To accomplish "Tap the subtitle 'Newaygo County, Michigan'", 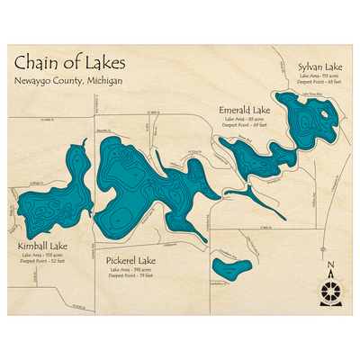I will tap(68, 83).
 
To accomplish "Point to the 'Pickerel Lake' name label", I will tap(130, 261).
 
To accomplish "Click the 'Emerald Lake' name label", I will tap(245, 110).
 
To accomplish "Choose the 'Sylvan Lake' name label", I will tap(319, 67).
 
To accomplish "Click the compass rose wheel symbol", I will tap(331, 290).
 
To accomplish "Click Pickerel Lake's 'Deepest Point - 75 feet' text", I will tap(130, 276).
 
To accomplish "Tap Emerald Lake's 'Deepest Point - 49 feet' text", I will tap(245, 125).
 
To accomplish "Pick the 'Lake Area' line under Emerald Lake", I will tap(244, 119).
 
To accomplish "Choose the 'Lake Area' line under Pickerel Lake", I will tap(130, 270).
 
